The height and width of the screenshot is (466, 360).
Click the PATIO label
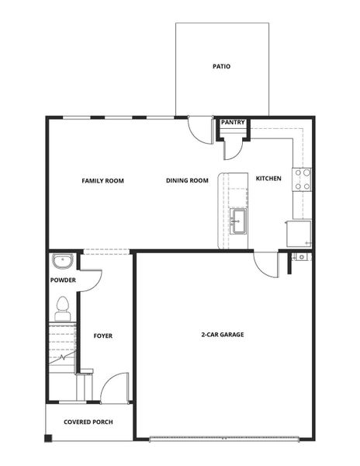222,66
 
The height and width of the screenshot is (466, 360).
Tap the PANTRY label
233,122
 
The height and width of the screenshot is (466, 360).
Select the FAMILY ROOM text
103,181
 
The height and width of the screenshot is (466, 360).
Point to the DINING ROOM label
187,181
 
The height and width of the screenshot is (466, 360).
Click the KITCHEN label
268,179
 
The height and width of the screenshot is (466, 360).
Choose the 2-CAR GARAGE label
223,335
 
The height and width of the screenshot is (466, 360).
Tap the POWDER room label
63,280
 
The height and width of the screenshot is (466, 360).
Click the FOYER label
103,336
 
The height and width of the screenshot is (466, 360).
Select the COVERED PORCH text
88,423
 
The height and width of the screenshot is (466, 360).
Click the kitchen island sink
237,218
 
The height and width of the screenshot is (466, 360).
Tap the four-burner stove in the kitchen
302,179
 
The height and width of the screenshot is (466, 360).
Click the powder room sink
61,260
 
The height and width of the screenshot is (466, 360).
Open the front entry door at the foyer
115,386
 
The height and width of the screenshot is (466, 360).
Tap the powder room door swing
89,280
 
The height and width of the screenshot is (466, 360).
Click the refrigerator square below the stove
299,232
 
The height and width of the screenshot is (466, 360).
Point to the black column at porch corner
48,439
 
